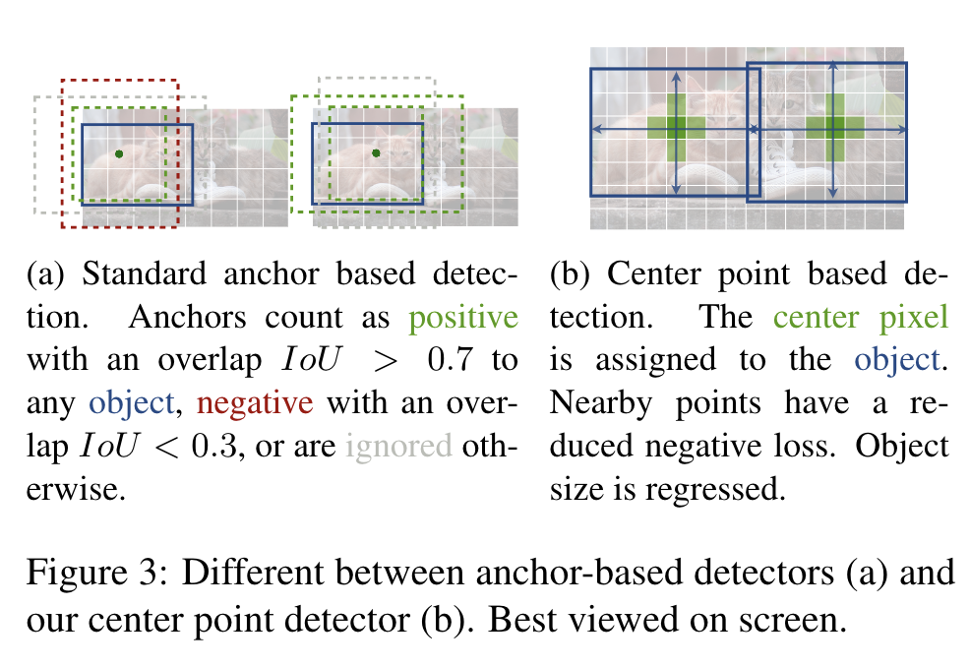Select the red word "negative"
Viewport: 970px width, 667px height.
[x=256, y=402]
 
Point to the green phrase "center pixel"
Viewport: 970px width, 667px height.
[x=861, y=317]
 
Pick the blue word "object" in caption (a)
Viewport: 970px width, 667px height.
[x=134, y=402]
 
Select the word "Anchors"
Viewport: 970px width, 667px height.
[x=197, y=317]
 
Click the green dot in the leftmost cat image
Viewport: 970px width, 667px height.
[x=118, y=154]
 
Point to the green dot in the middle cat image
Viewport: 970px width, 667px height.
[x=377, y=153]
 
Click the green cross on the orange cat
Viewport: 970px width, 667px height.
[x=677, y=128]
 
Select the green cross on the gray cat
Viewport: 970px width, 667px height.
[x=834, y=128]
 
